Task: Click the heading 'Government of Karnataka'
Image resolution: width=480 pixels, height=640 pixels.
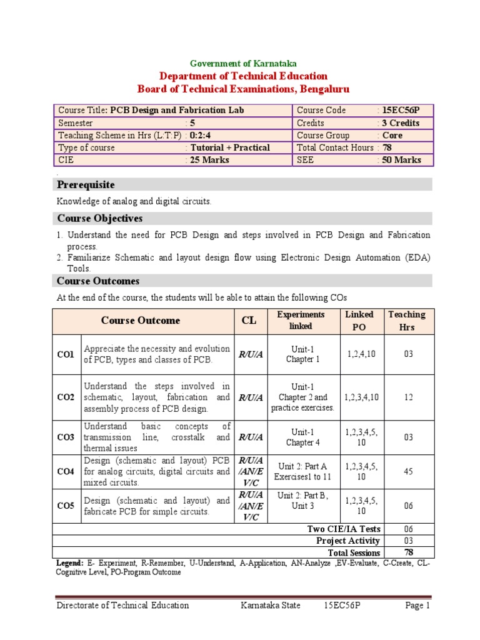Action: point(243,63)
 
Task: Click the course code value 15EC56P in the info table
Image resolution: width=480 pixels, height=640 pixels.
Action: point(401,111)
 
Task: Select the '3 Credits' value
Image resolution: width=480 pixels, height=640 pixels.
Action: point(401,123)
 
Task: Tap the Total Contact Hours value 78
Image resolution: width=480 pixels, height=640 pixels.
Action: point(387,147)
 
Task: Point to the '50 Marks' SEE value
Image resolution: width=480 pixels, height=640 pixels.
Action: point(401,160)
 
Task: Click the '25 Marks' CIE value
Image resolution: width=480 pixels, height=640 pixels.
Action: point(209,160)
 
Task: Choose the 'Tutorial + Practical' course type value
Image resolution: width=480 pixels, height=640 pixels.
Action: point(230,147)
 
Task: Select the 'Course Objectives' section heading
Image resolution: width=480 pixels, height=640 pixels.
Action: point(100,218)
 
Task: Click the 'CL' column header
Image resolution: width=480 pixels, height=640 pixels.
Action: point(249,321)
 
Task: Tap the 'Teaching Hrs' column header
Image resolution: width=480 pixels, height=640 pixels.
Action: point(407,321)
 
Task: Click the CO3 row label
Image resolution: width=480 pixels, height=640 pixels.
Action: point(66,437)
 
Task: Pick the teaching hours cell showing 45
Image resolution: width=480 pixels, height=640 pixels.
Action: point(408,472)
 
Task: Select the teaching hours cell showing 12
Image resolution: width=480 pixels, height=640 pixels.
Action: point(408,397)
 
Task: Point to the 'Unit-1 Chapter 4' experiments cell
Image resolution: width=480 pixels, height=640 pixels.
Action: point(302,437)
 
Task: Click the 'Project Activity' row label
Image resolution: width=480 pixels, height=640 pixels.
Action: point(347,541)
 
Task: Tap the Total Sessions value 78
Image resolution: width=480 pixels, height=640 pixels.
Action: point(408,552)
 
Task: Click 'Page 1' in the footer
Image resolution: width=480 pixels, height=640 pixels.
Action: point(417,605)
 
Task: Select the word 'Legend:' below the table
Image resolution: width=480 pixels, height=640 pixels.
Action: point(69,563)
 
